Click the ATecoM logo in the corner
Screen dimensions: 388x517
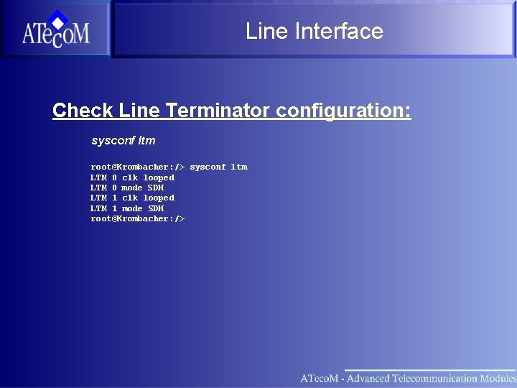[55, 29]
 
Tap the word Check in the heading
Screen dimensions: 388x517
[83, 111]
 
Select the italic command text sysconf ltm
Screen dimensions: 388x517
[123, 140]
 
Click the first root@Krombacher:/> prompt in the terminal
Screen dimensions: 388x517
[137, 167]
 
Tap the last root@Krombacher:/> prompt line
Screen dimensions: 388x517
[137, 218]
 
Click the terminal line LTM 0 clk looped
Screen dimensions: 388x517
[132, 177]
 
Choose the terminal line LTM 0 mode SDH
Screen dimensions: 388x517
[127, 188]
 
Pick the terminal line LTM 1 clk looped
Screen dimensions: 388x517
[132, 198]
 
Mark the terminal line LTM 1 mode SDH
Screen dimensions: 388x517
[127, 208]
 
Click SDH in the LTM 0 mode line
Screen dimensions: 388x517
[156, 188]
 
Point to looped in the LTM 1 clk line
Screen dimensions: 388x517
[158, 198]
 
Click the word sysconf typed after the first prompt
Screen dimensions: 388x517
[208, 167]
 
